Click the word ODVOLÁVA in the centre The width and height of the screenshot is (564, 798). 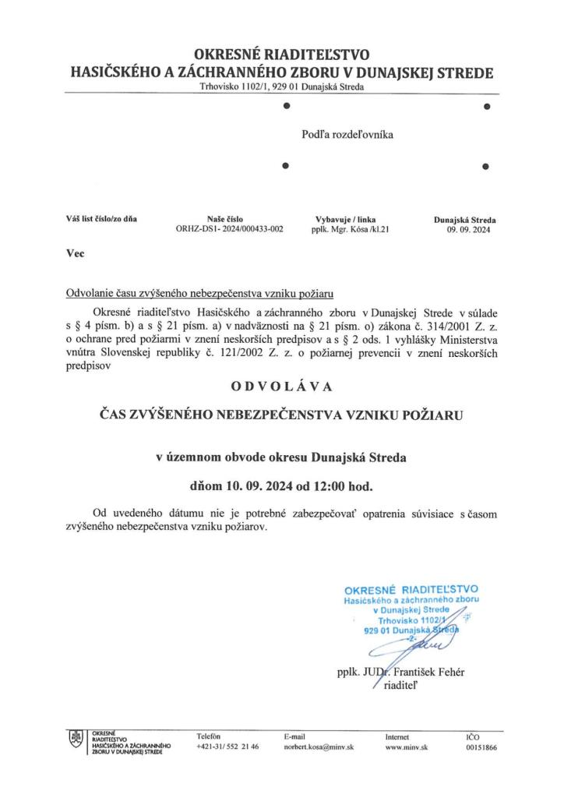click(281, 385)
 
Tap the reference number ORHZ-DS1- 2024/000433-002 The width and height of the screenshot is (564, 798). click(231, 230)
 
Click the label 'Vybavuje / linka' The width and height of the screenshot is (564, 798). click(343, 219)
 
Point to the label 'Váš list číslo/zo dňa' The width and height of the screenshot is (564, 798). click(101, 219)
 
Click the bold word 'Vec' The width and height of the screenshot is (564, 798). click(76, 253)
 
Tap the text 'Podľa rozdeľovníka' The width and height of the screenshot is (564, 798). click(347, 134)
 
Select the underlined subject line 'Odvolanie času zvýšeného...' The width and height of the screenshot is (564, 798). click(199, 294)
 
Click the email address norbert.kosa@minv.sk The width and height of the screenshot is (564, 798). click(319, 747)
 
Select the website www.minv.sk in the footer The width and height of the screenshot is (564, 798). click(407, 747)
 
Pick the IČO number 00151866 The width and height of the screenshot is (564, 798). click(481, 747)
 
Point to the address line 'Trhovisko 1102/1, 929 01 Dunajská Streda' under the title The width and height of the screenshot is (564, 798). click(281, 87)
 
